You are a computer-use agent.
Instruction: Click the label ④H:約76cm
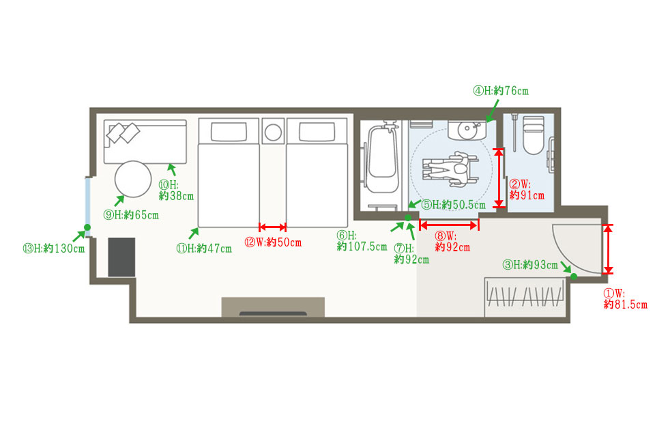coord(500,91)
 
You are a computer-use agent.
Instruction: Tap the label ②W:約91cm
coord(527,189)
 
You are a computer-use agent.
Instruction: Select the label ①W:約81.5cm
coord(625,298)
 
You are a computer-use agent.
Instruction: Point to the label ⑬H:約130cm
coord(53,249)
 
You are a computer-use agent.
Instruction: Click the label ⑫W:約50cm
coord(273,242)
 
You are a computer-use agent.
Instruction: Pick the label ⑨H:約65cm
coord(131,215)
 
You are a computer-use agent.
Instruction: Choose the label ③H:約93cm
coord(530,265)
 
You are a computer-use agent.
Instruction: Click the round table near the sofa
coord(133,179)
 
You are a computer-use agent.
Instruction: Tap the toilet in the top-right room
coord(534,135)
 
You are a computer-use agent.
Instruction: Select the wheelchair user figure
coord(450,169)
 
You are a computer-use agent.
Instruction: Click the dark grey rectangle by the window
coord(121,257)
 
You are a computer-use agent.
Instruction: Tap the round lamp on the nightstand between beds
coord(273,132)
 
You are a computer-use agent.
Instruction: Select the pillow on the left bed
coord(229,132)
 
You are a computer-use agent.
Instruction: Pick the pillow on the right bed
coord(317,132)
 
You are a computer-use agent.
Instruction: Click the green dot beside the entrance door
coord(574,277)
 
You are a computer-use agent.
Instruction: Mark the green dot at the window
coord(87,227)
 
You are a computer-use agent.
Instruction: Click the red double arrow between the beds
coord(272,227)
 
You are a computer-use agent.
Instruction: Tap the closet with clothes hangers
coord(525,296)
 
